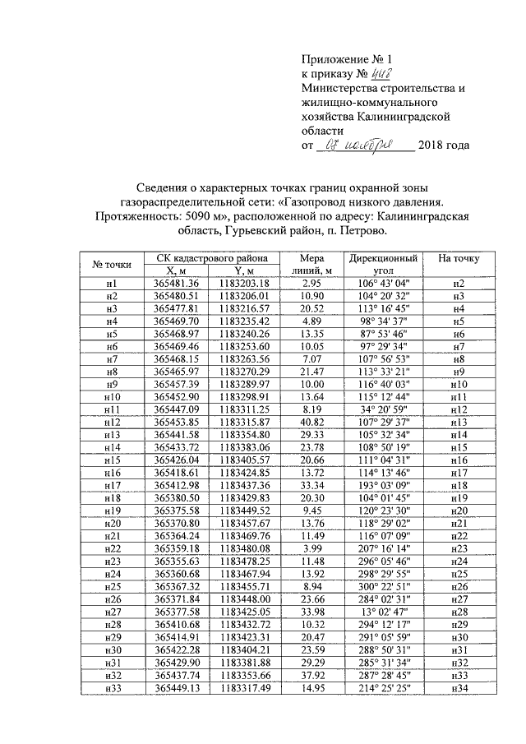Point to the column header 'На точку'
click(x=459, y=258)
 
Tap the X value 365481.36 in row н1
click(x=177, y=283)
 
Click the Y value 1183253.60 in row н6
click(x=246, y=347)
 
